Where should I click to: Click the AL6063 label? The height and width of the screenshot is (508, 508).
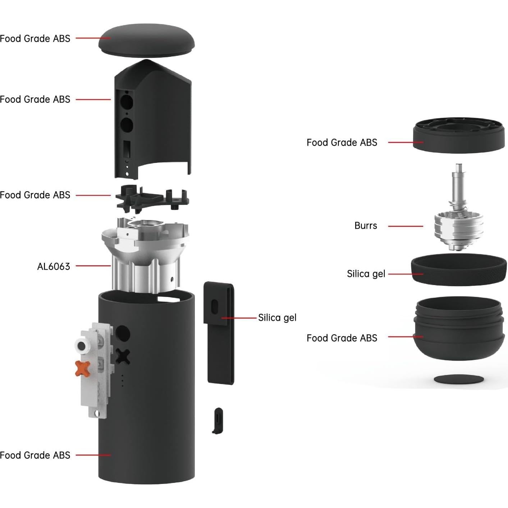(54, 266)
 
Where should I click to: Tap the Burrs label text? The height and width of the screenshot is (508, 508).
(366, 226)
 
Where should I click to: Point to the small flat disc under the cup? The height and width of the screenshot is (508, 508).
(459, 379)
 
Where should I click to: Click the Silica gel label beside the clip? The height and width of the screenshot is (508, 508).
(277, 318)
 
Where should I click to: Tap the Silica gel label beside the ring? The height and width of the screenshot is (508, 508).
(366, 274)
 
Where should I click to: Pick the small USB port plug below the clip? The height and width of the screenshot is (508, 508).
(218, 420)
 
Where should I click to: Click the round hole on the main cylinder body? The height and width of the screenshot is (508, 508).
(123, 333)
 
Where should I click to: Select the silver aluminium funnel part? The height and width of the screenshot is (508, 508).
(146, 252)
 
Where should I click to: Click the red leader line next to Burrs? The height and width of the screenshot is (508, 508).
(406, 226)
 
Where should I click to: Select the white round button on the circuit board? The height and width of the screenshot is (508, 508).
(82, 346)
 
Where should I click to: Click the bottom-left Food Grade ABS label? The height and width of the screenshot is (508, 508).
(35, 455)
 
